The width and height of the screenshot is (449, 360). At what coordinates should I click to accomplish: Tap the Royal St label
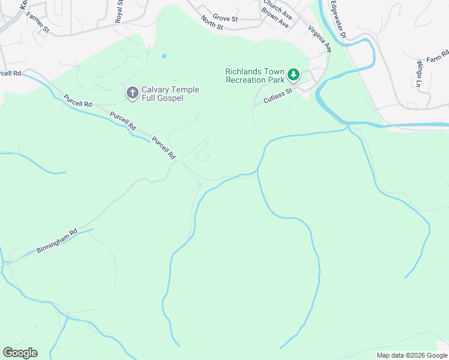click(119, 11)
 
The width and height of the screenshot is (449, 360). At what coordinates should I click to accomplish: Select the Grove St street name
click(226, 19)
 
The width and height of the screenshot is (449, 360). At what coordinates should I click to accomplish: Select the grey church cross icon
click(132, 93)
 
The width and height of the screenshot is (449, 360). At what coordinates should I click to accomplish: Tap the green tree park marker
click(293, 75)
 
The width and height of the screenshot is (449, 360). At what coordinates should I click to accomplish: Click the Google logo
click(20, 352)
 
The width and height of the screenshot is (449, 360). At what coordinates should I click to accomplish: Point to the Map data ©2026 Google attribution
click(412, 355)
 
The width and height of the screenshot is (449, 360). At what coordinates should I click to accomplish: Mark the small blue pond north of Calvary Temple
click(164, 57)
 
